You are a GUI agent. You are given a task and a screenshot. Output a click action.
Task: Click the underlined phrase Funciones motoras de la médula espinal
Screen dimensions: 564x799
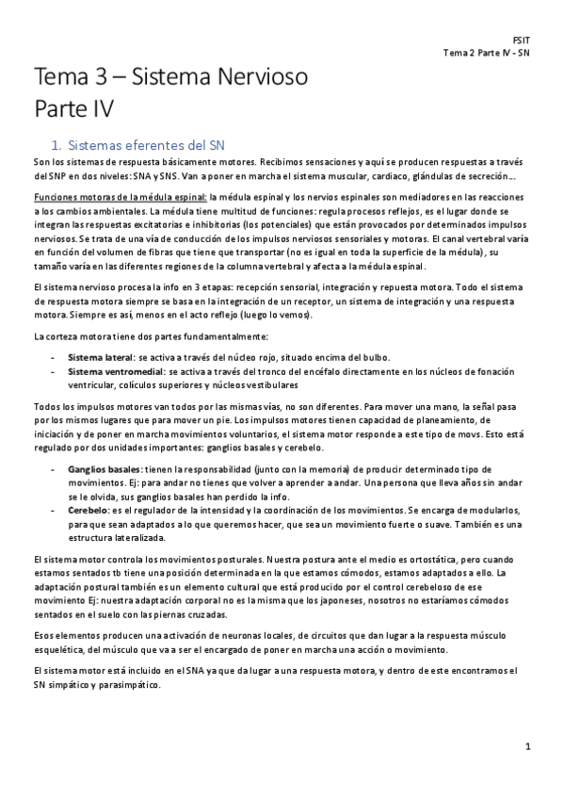pyautogui.click(x=119, y=197)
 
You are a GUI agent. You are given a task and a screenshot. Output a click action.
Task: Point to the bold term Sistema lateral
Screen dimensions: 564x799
pyautogui.click(x=101, y=357)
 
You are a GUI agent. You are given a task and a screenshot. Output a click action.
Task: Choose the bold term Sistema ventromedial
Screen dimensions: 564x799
pyautogui.click(x=111, y=371)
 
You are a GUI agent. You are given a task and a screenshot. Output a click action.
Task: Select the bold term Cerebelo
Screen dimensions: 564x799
pyautogui.click(x=88, y=510)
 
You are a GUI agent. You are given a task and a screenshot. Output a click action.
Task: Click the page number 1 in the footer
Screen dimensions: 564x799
pyautogui.click(x=528, y=747)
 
